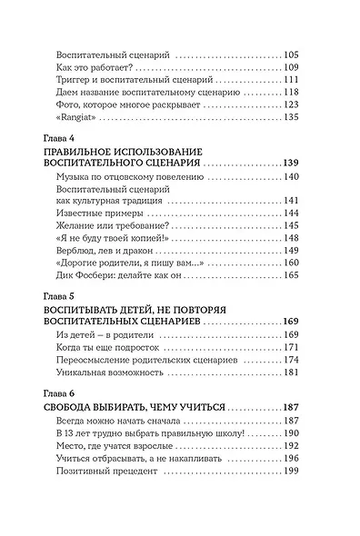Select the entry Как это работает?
[95, 70]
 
